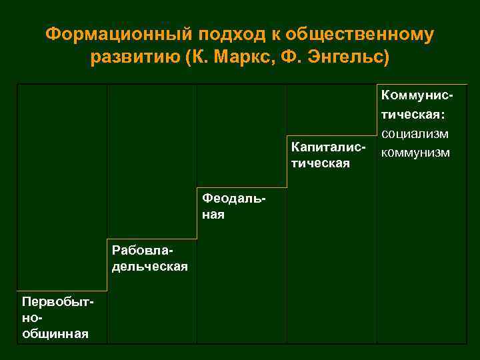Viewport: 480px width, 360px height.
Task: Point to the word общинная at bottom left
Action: tap(55, 333)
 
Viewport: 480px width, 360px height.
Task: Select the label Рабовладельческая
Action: tap(150, 259)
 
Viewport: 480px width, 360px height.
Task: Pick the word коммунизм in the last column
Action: tap(415, 153)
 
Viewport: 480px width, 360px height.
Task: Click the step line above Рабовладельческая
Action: tap(151, 239)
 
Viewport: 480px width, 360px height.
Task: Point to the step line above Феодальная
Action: tap(241, 187)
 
